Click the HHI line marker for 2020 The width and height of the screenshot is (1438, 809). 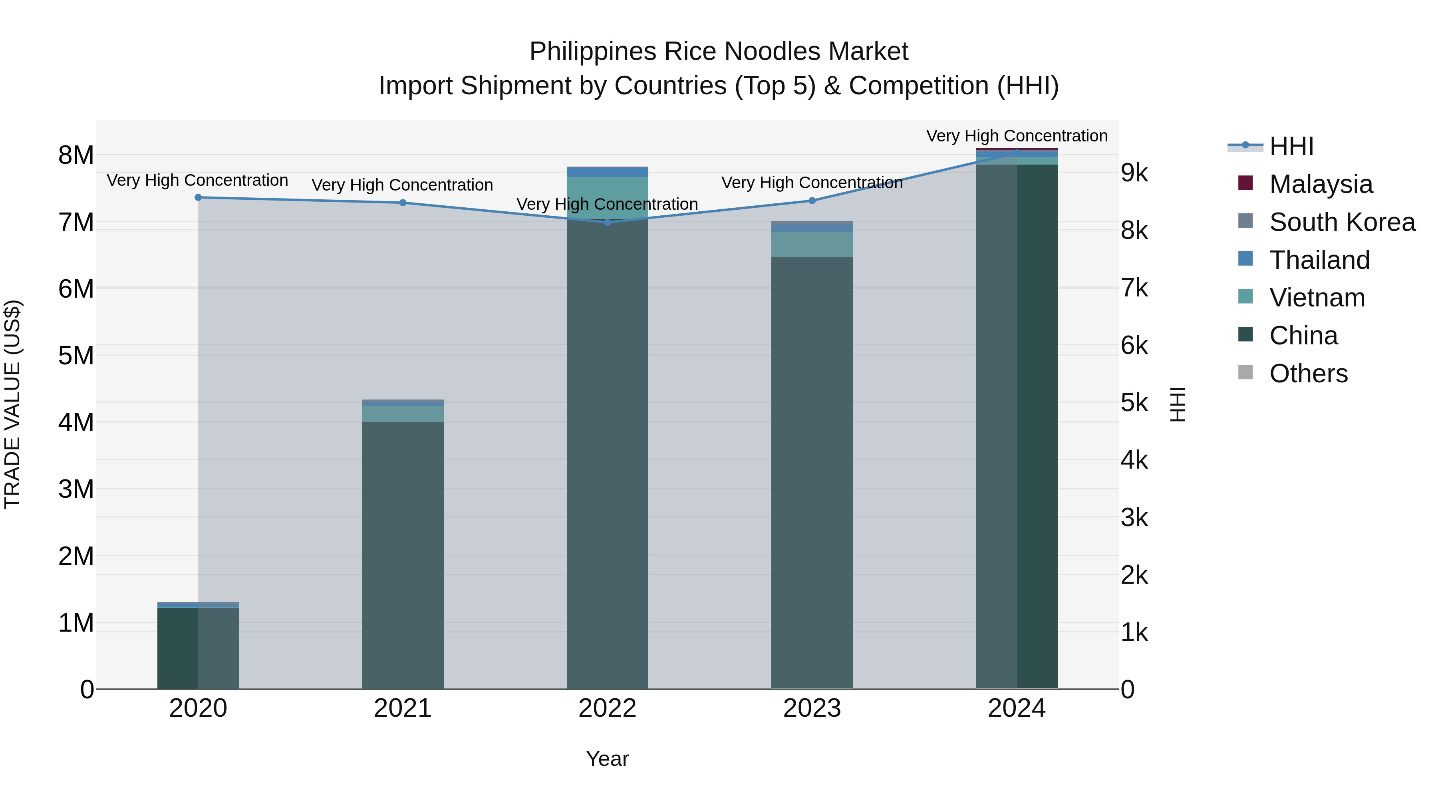198,197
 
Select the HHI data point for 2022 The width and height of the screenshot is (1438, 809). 607,222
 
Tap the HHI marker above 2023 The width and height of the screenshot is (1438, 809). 812,201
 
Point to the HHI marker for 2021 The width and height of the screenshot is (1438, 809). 403,203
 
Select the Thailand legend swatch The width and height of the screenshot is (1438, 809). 1245,259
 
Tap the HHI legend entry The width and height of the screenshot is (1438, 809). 1291,146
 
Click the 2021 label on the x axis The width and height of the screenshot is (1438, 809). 403,708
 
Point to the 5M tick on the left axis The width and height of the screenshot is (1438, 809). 76,356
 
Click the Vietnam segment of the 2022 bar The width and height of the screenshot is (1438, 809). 607,197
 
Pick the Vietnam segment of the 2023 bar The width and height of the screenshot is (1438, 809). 812,244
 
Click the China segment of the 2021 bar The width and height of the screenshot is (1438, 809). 403,553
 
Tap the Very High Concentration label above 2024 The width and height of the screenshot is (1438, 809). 1017,136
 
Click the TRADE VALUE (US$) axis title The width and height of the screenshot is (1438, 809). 12,404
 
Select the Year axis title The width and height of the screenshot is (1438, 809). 607,759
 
